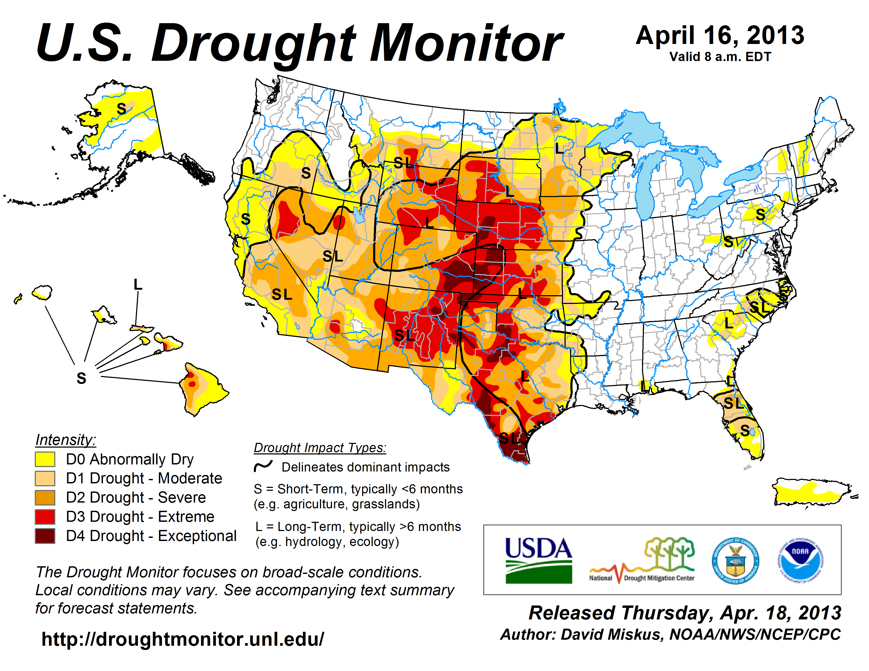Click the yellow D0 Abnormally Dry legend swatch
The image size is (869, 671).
tap(45, 459)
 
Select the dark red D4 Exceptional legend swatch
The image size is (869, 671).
tap(45, 536)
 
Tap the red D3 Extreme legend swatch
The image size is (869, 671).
tap(45, 517)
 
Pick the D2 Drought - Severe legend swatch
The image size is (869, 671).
tap(45, 498)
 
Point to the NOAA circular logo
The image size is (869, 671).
tap(800, 560)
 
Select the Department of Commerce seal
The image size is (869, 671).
tap(735, 560)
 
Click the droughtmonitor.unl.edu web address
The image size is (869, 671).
tap(183, 639)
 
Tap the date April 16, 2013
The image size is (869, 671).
tap(720, 35)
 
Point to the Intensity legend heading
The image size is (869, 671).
tap(66, 440)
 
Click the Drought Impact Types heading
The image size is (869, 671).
tap(320, 448)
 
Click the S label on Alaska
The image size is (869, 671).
tap(121, 108)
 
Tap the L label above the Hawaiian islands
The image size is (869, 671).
tap(138, 285)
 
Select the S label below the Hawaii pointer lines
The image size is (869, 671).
tap(81, 378)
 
